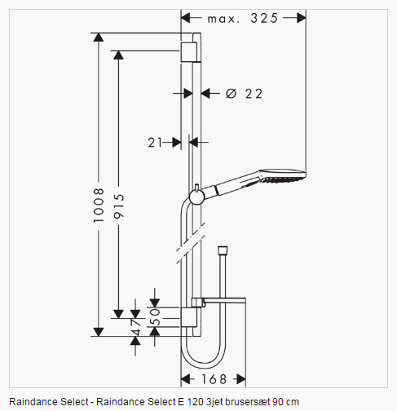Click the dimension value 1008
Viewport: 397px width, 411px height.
coord(99,205)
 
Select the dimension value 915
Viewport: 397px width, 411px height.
coord(119,205)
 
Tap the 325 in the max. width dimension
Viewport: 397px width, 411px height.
coord(264,18)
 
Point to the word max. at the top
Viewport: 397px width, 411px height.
coord(223,19)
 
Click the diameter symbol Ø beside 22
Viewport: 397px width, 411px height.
coord(232,94)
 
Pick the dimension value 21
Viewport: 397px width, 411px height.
coord(155,143)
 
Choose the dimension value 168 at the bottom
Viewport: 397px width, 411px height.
coord(214,379)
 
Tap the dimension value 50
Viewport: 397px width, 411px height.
coord(155,317)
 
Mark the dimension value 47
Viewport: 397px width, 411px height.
coord(135,327)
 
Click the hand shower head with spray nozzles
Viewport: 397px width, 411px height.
coord(283,176)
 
